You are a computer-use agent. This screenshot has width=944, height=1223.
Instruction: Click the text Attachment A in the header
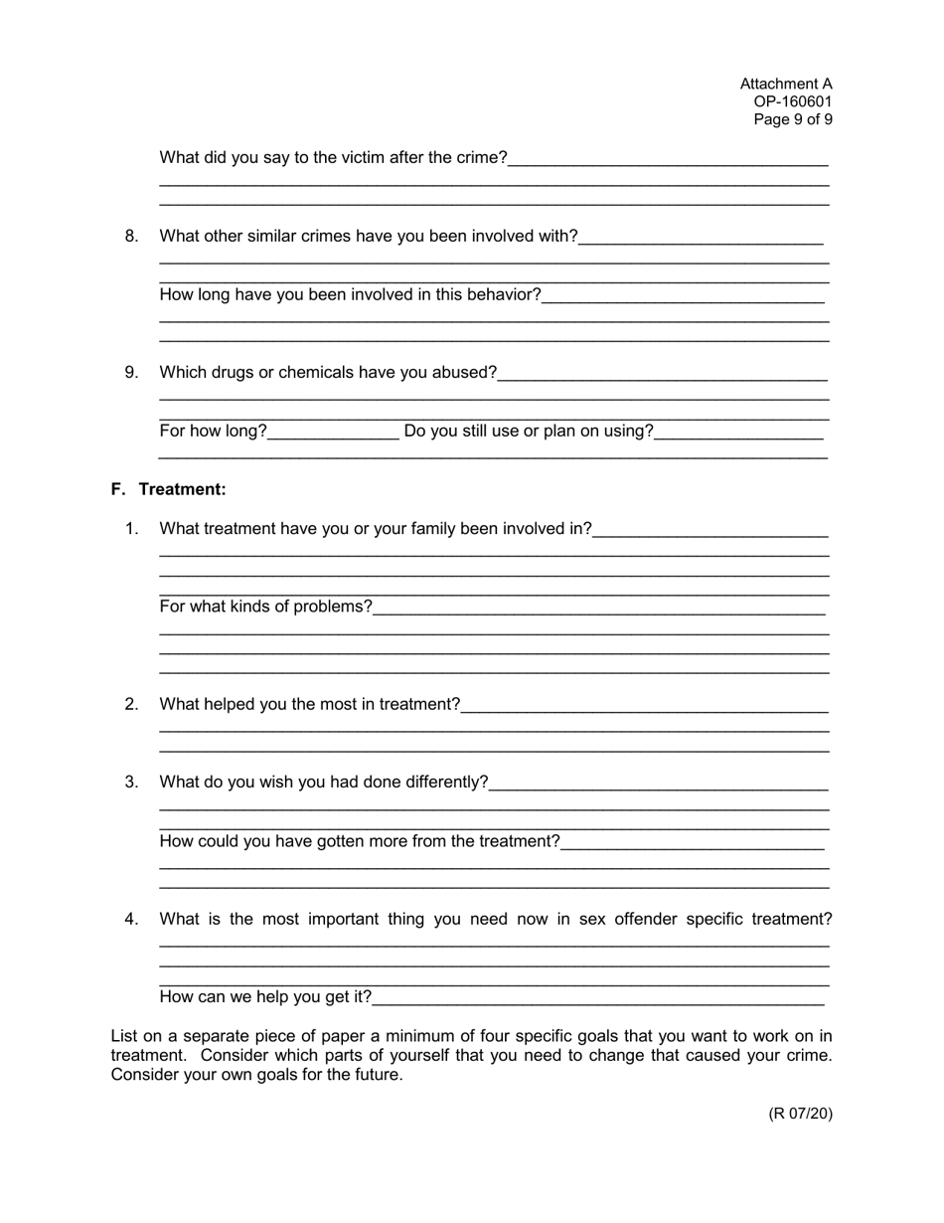click(x=785, y=85)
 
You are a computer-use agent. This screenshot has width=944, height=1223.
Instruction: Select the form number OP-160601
click(x=792, y=101)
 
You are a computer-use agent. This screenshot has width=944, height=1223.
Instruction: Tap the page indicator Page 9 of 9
click(x=792, y=119)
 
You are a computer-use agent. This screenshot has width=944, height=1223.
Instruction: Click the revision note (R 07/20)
click(x=800, y=1113)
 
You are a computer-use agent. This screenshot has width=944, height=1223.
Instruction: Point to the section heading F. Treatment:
click(x=168, y=489)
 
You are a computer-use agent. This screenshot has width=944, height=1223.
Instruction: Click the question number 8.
click(x=131, y=236)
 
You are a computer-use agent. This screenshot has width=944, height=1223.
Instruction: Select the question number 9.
click(x=131, y=372)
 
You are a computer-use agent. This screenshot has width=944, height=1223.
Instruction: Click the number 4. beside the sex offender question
click(x=131, y=919)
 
